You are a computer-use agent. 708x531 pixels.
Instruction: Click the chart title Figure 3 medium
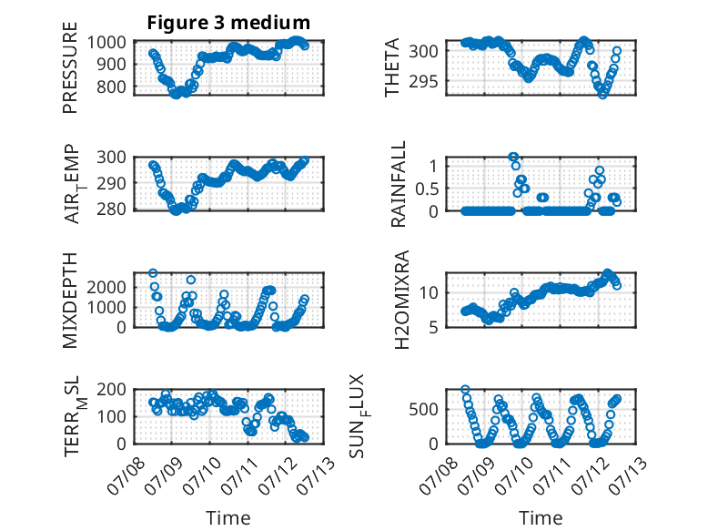[228, 23]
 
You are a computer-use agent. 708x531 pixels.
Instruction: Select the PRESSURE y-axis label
[70, 67]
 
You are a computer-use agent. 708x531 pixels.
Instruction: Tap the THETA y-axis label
[392, 67]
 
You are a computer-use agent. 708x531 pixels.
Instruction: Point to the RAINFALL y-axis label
[399, 184]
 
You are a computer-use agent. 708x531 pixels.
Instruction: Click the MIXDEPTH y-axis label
[70, 301]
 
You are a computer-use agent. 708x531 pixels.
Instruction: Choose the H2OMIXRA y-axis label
[401, 300]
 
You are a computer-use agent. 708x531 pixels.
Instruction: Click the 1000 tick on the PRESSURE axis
[106, 43]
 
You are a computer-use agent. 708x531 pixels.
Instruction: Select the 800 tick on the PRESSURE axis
[111, 87]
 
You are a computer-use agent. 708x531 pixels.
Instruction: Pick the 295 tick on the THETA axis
[423, 81]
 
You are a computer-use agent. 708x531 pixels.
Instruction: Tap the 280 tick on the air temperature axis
[111, 209]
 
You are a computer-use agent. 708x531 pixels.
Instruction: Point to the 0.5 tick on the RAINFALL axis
[427, 189]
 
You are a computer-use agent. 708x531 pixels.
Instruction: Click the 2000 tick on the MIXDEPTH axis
[106, 287]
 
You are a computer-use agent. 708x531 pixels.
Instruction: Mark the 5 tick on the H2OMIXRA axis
[433, 327]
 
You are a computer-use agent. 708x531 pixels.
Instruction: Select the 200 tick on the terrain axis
[111, 389]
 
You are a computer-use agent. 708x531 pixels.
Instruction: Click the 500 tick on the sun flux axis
[423, 410]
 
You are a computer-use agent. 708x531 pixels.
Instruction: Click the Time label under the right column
[541, 517]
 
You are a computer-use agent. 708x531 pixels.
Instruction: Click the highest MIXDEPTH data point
[153, 273]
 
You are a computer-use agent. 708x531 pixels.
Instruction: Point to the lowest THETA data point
[602, 95]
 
